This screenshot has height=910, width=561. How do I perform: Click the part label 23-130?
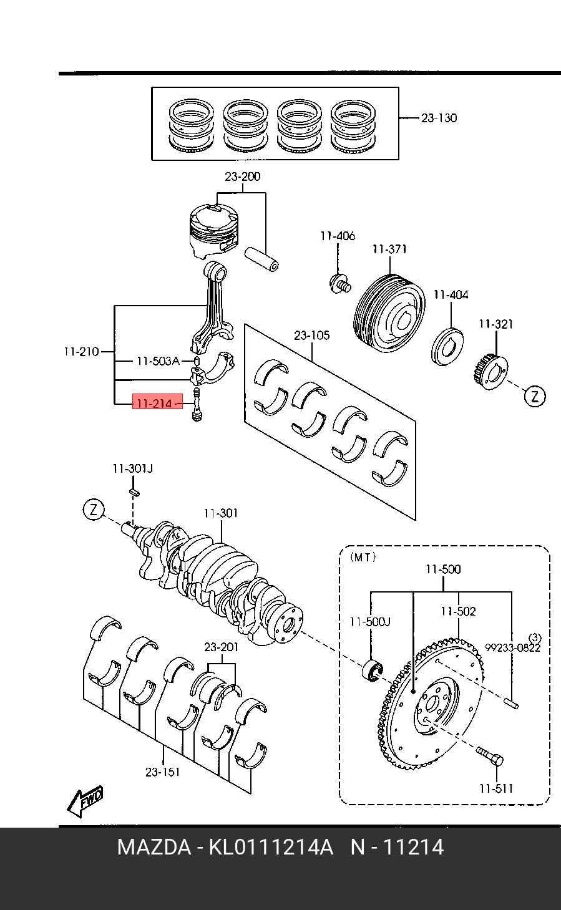click(439, 118)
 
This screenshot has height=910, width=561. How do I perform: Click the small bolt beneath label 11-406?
click(339, 283)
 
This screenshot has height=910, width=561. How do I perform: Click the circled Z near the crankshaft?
click(94, 510)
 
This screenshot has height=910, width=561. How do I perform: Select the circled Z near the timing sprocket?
click(535, 396)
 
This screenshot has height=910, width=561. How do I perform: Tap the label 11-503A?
click(158, 361)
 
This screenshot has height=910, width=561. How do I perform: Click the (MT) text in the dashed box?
click(363, 557)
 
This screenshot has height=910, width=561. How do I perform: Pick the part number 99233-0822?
click(512, 647)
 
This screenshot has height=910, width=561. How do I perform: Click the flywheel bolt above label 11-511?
click(490, 757)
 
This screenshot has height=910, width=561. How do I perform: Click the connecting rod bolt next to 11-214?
click(197, 404)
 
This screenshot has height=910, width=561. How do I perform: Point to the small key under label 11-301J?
click(134, 492)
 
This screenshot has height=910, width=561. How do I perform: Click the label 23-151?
click(163, 772)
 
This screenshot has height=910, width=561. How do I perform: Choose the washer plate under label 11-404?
click(448, 346)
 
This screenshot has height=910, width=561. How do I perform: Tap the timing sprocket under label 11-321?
click(491, 372)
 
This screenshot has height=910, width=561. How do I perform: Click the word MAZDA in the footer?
click(154, 848)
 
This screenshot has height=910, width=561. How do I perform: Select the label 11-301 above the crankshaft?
click(221, 513)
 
